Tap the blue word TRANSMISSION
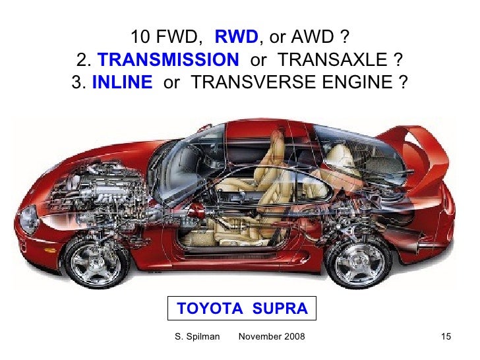pos(169,61)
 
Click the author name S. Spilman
pos(196,338)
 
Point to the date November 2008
pos(271,338)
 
